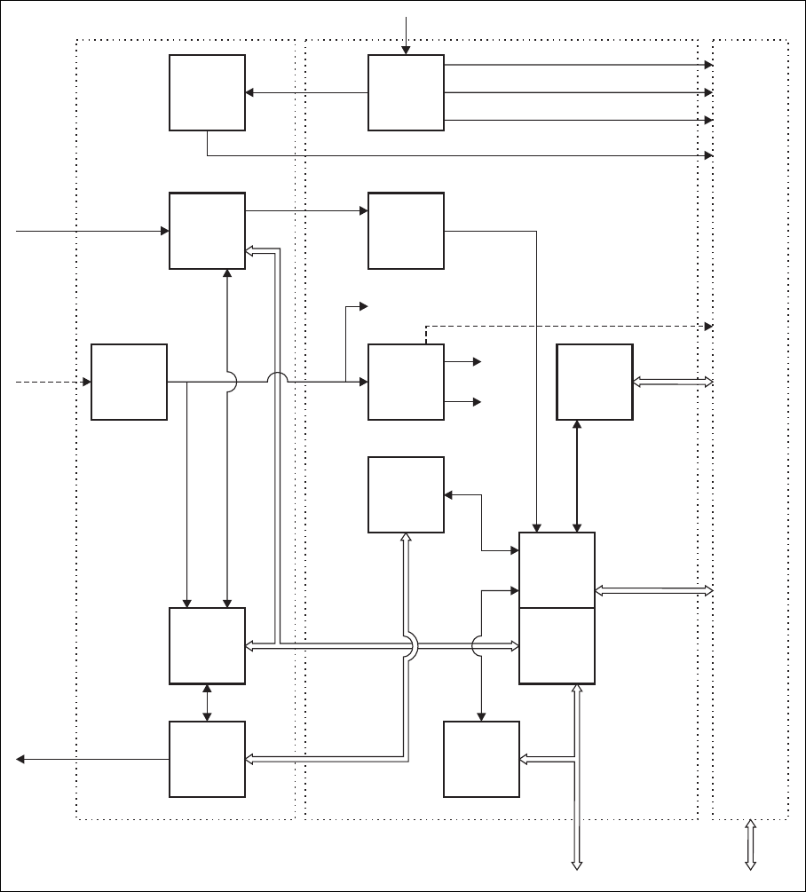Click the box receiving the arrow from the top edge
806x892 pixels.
coord(406,93)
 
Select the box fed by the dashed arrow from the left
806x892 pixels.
coord(130,382)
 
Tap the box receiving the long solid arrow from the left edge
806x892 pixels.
coord(207,231)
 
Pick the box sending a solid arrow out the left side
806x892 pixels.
coord(207,759)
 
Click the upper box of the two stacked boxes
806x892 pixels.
coord(557,570)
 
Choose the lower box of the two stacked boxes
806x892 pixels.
coord(557,645)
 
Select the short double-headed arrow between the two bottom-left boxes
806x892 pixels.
coord(207,702)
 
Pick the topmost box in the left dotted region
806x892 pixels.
coord(207,93)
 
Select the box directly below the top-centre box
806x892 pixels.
coord(406,231)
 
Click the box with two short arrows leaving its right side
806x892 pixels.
coord(406,382)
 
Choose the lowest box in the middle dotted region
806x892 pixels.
coord(481,759)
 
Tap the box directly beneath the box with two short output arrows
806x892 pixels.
coord(406,494)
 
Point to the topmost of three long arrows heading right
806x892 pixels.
coord(577,65)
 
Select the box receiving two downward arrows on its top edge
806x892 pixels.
coord(207,645)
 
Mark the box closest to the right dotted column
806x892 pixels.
coord(594,382)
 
